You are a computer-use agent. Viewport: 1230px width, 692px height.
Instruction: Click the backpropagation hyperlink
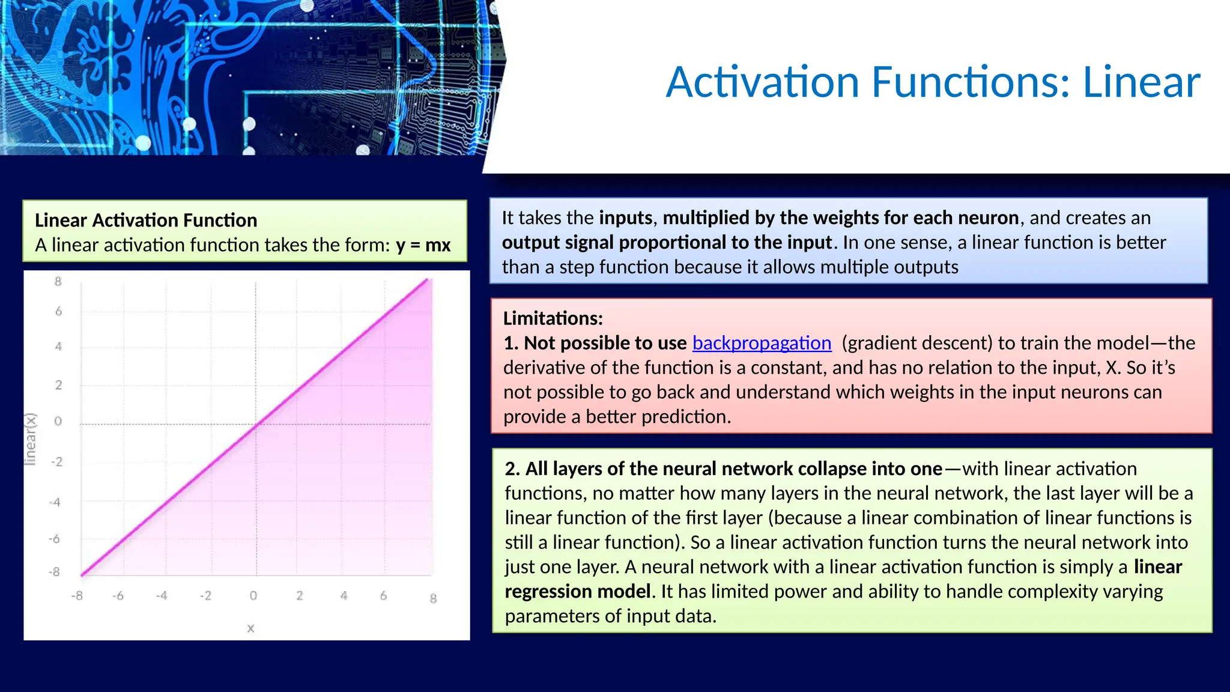coord(762,343)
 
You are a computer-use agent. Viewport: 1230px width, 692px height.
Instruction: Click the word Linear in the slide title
coord(1141,82)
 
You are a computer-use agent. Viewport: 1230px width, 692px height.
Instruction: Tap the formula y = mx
coord(423,245)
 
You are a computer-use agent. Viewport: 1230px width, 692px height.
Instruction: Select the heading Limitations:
coord(553,318)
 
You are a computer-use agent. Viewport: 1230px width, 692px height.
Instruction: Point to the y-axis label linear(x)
coord(31,439)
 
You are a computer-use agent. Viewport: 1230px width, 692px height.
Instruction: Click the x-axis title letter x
coord(250,628)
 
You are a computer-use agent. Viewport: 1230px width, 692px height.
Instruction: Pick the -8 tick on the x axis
coord(77,596)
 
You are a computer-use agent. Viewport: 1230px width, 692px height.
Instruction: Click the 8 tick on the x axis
coord(433,598)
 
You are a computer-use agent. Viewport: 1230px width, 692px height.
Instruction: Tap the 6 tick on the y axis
coord(58,311)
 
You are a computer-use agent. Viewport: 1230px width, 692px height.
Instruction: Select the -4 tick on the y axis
coord(55,502)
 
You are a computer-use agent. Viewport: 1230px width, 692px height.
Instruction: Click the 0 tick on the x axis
coord(253,596)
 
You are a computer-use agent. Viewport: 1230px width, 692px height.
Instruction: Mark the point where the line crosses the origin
coord(256,424)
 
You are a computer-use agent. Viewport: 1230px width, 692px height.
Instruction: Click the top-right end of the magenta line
coord(428,280)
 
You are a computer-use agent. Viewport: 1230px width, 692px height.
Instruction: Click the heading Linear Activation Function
coord(146,220)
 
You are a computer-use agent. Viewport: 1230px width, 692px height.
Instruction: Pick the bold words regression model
coord(577,592)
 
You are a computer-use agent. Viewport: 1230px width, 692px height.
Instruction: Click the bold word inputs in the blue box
coord(625,217)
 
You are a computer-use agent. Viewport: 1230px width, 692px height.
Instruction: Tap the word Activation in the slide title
coord(763,82)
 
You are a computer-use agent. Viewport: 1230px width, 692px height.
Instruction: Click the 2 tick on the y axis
coord(58,385)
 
